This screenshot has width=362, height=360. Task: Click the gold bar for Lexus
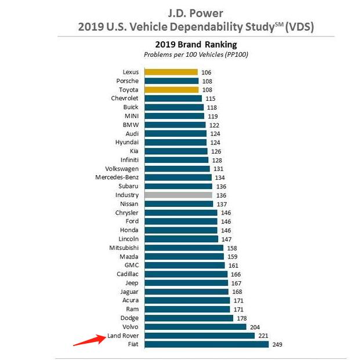[x=171, y=72]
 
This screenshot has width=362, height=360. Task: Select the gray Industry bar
[x=179, y=195]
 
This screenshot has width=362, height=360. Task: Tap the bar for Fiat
[x=207, y=344]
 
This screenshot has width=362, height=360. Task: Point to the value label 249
[x=277, y=344]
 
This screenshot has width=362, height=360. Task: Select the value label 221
[x=263, y=336]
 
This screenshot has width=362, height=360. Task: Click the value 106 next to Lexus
[x=207, y=72]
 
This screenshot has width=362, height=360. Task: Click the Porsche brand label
[x=127, y=81]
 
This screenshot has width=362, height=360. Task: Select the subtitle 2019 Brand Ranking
[x=196, y=45]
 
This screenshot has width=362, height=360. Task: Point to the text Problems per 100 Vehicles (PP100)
[x=196, y=54]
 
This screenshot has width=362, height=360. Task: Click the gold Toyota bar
[x=172, y=90]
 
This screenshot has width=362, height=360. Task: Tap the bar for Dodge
[x=189, y=318]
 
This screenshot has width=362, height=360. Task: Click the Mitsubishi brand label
[x=124, y=248]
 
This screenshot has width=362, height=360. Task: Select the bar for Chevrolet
[x=173, y=99]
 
